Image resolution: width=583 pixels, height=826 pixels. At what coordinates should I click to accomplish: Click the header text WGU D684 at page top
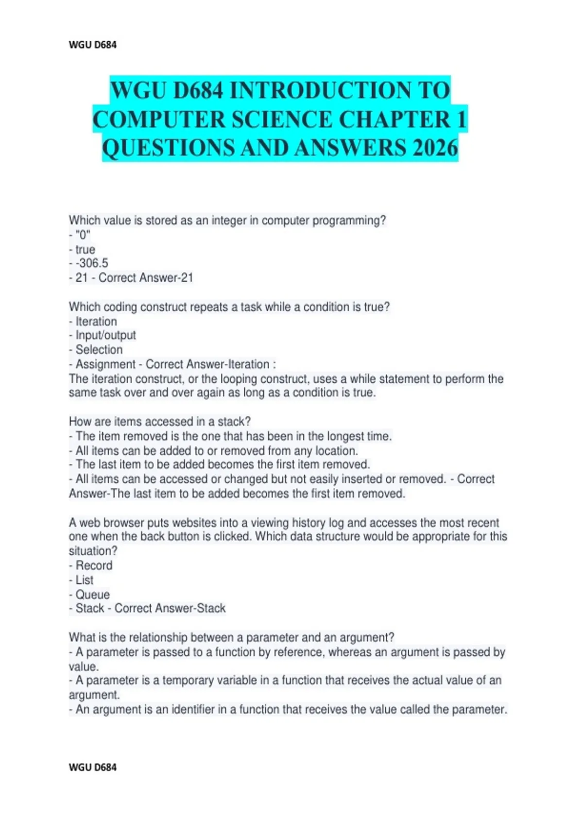click(93, 45)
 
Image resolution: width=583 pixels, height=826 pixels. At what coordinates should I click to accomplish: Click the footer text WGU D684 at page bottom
click(93, 767)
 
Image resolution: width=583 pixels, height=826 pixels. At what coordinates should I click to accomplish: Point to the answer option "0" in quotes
click(83, 235)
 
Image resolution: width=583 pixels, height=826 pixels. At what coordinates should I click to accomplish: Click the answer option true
click(85, 250)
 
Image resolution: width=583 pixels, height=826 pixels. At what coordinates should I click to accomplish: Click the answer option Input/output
click(105, 335)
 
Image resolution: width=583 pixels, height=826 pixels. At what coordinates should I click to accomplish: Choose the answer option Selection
click(99, 350)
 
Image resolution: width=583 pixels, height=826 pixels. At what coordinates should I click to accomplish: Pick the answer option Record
click(94, 566)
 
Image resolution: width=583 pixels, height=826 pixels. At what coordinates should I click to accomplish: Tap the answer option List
click(85, 580)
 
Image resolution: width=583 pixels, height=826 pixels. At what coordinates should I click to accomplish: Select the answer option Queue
click(92, 595)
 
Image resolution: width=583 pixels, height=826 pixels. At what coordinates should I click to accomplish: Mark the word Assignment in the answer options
click(105, 364)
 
